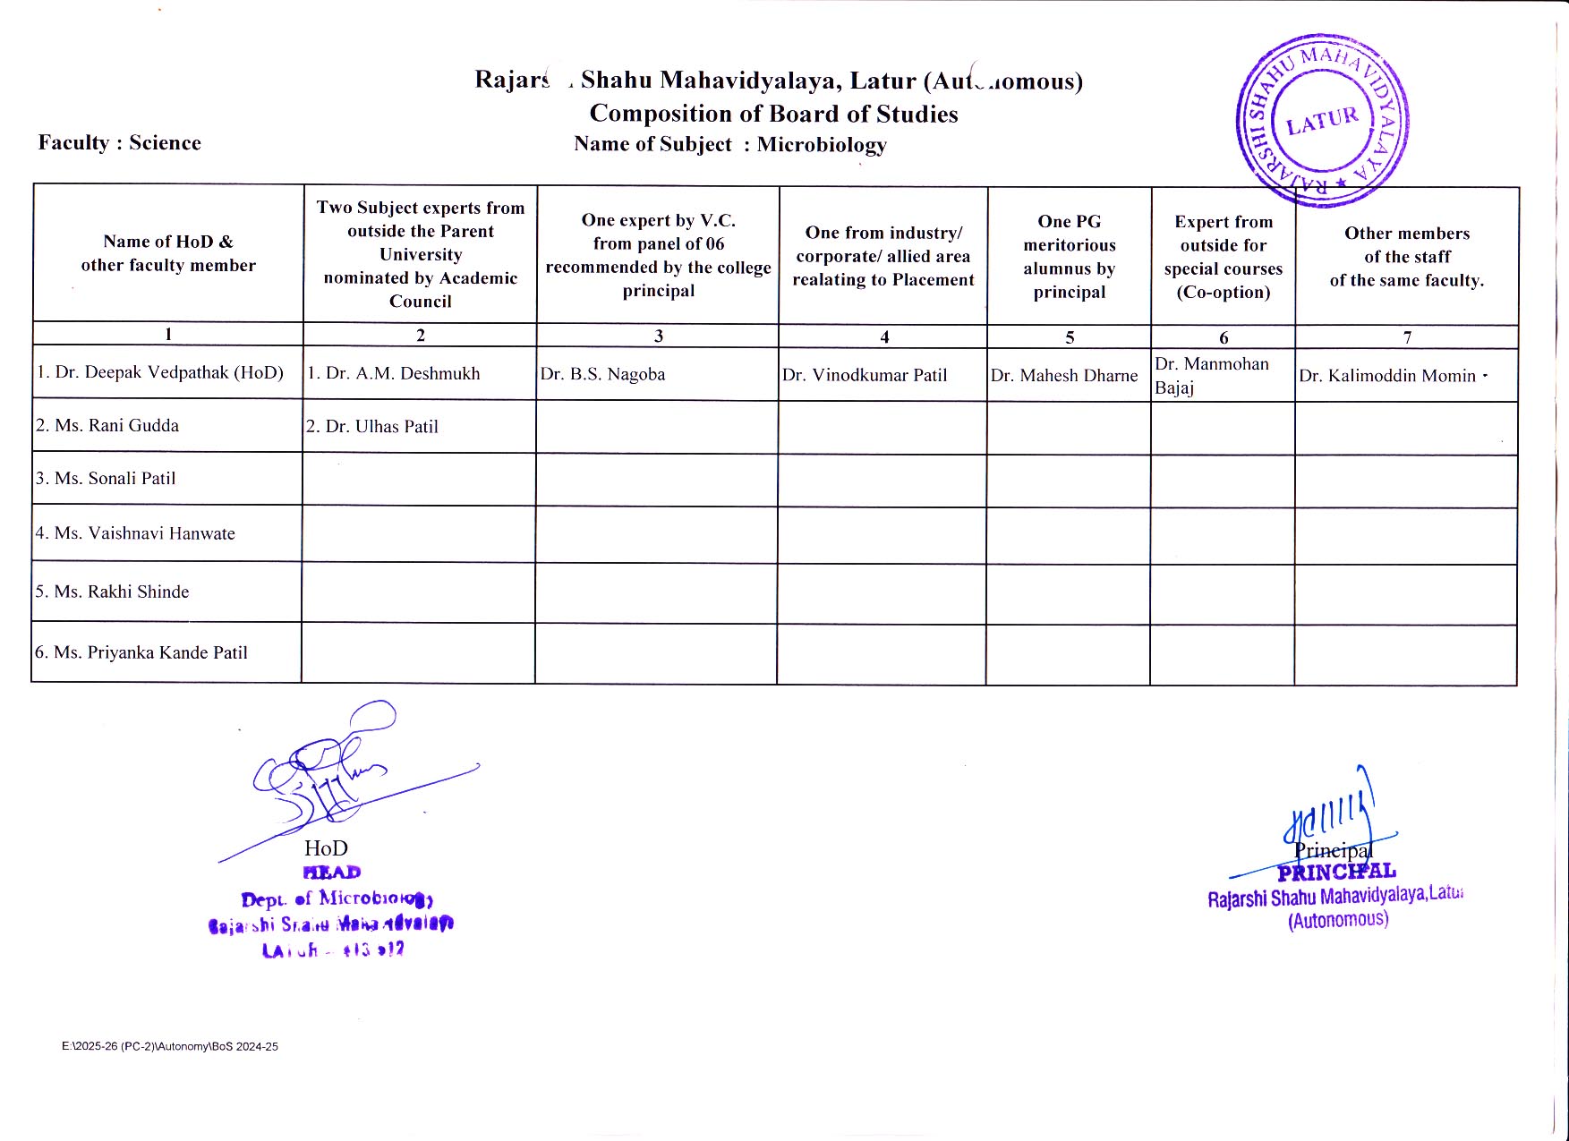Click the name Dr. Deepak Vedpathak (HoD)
pyautogui.click(x=160, y=372)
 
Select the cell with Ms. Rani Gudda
pyautogui.click(x=108, y=425)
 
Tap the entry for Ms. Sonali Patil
pyautogui.click(x=107, y=478)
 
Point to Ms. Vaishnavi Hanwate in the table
pyautogui.click(x=136, y=533)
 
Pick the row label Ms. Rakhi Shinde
pyautogui.click(x=113, y=592)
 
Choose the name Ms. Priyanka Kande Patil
pyautogui.click(x=141, y=652)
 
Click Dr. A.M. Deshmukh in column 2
pyautogui.click(x=394, y=373)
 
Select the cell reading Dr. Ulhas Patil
pyautogui.click(x=373, y=427)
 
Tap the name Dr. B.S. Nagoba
pyautogui.click(x=602, y=374)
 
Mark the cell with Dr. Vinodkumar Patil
pyautogui.click(x=865, y=375)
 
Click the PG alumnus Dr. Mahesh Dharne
pyautogui.click(x=1064, y=376)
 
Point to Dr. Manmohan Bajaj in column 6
pyautogui.click(x=1212, y=376)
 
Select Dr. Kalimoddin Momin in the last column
pyautogui.click(x=1387, y=376)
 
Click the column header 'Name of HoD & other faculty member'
pyautogui.click(x=168, y=253)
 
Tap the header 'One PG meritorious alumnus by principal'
pyautogui.click(x=1070, y=257)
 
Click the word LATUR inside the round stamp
pyautogui.click(x=1322, y=120)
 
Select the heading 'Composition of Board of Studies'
pyautogui.click(x=773, y=114)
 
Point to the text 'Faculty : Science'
pyautogui.click(x=120, y=143)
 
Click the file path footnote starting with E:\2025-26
pyautogui.click(x=170, y=1046)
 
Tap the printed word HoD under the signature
pyautogui.click(x=326, y=847)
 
